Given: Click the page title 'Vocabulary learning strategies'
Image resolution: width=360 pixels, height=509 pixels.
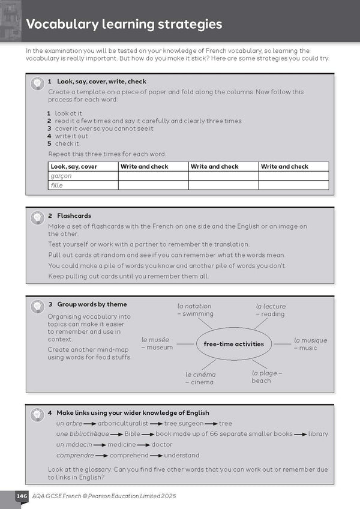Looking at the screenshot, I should (124, 25).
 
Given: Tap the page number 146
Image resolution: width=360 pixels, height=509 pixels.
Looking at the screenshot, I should (22, 496).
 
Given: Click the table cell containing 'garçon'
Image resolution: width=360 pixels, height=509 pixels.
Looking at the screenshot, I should (83, 176).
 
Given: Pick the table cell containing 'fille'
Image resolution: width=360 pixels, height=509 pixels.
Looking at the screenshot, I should (83, 185).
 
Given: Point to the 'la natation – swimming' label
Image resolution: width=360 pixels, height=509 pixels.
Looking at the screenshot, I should (195, 310).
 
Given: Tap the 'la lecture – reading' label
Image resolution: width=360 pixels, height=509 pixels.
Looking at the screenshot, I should (271, 310).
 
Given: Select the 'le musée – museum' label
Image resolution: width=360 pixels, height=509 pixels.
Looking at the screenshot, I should (157, 343).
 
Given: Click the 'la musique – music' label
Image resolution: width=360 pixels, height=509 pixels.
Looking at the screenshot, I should (310, 344).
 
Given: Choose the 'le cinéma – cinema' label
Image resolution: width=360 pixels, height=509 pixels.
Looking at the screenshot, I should (200, 378).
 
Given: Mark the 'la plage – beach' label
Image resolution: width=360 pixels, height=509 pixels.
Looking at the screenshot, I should (266, 376).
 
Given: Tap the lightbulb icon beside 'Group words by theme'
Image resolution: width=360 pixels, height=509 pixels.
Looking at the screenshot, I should (37, 307).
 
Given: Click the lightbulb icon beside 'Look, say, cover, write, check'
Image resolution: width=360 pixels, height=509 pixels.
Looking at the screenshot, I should (37, 84).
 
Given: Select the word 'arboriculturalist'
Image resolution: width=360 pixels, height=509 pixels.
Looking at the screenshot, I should (123, 423).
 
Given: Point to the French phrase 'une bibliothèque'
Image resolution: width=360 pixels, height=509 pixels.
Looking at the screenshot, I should (83, 434).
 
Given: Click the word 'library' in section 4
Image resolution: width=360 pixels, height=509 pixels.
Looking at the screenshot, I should (318, 434).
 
